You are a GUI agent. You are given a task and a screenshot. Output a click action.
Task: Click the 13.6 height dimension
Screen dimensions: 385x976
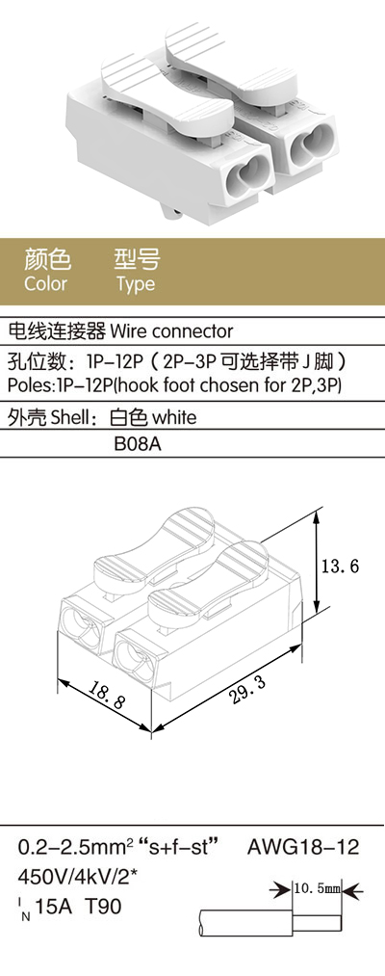(x=342, y=567)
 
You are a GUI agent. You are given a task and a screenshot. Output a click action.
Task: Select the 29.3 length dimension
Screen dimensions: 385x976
(x=247, y=690)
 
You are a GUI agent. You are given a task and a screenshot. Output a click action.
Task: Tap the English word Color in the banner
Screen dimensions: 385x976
(x=45, y=284)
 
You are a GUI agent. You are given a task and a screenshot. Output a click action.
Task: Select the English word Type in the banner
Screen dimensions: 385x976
(x=136, y=285)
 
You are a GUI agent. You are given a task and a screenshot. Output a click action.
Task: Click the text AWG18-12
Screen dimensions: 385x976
(x=303, y=847)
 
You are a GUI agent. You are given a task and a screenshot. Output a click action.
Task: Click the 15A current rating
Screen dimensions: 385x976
(x=55, y=907)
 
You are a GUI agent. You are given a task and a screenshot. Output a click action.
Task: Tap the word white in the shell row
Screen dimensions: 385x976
(x=174, y=417)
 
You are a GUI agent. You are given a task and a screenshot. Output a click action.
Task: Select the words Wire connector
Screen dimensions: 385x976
(x=171, y=330)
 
